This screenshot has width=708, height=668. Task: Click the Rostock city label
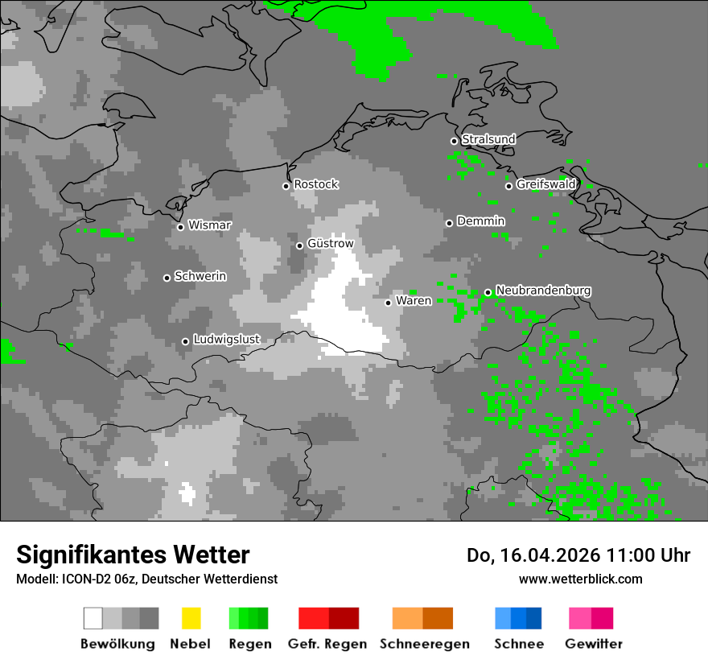(316, 184)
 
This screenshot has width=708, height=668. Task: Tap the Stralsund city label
(488, 139)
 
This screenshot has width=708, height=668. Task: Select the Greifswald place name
(546, 184)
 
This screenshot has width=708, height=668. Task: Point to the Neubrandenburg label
(544, 291)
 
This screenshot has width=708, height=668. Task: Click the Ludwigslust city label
(227, 340)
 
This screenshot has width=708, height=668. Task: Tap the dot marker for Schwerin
(167, 278)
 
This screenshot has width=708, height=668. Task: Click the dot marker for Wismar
(180, 227)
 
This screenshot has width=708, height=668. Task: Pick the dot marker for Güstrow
(299, 245)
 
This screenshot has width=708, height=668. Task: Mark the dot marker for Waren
(388, 303)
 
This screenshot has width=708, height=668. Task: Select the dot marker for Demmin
(449, 223)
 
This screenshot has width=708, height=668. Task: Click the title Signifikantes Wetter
(133, 555)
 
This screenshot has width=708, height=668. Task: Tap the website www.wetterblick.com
(580, 579)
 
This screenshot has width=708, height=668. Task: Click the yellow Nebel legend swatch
(191, 618)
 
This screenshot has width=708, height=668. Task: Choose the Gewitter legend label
(594, 644)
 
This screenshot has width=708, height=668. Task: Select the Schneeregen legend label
(425, 644)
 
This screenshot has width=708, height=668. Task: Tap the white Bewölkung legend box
(93, 618)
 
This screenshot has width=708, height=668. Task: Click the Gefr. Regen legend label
(327, 644)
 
